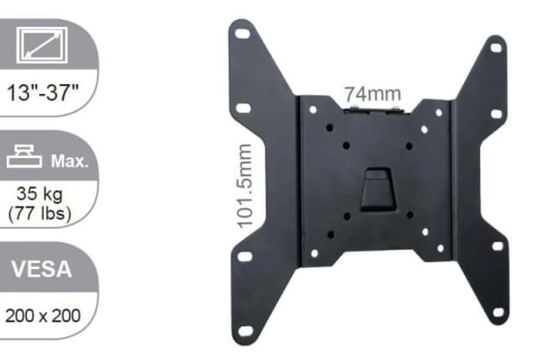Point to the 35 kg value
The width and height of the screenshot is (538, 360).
tap(40, 193)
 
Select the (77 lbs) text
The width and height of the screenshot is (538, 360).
tap(40, 212)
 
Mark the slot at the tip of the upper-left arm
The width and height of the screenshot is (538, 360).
tap(242, 35)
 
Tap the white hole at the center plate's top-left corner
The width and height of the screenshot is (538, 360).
tap(313, 109)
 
